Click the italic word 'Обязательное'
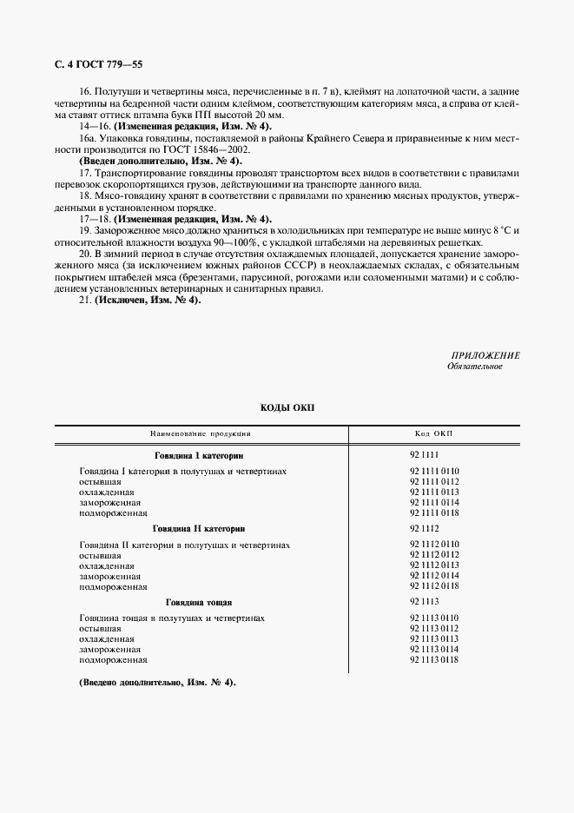pos(474,367)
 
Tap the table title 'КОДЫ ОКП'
pos(287,407)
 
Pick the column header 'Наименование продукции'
pos(201,433)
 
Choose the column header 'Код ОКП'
pos(433,433)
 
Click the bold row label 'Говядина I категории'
pos(199,455)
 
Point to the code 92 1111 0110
pos(433,471)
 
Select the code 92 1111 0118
pos(433,513)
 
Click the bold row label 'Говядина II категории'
pos(199,528)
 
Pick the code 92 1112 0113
pos(433,565)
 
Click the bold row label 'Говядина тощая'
pos(199,602)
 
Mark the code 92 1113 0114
pos(433,650)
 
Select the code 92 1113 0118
pos(433,660)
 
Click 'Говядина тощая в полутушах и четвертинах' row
pos(171,618)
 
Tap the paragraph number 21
pos(85,300)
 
